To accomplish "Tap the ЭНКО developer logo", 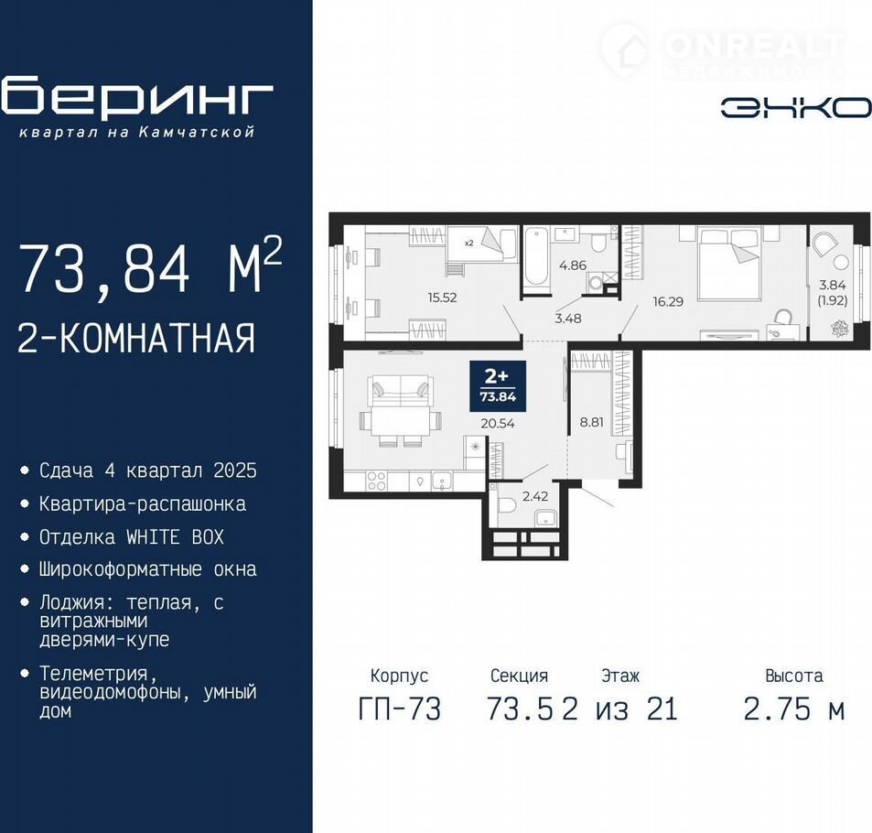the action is pos(796,108).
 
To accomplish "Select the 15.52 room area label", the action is pos(442,297).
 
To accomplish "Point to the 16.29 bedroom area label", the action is pos(668,301).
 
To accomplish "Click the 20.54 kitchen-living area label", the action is pos(498,424).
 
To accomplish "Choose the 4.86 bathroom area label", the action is pos(573,265).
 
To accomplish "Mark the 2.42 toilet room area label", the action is pos(535,496).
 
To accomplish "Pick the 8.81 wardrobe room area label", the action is pos(592,422).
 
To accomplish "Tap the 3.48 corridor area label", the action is pos(568,319).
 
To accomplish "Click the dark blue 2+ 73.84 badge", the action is pos(498,386).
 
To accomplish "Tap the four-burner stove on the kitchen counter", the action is pos(376,481).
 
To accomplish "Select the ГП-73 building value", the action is pos(400,709).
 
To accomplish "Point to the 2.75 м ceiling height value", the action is pos(794,709).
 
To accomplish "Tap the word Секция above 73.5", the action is pos(519,676).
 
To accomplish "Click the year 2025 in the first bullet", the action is pos(235,471).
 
